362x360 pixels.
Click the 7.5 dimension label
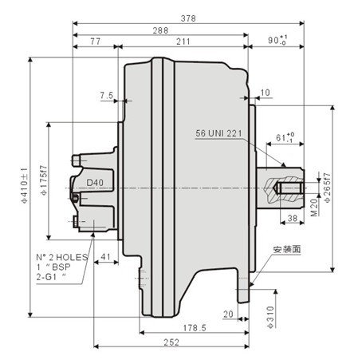coord(107,96)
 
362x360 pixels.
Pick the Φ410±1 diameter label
coord(25,183)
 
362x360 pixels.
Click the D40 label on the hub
coord(95,183)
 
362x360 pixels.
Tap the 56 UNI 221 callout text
coord(218,133)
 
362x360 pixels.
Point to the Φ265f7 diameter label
coord(328,184)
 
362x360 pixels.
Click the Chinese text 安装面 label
coord(284,250)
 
